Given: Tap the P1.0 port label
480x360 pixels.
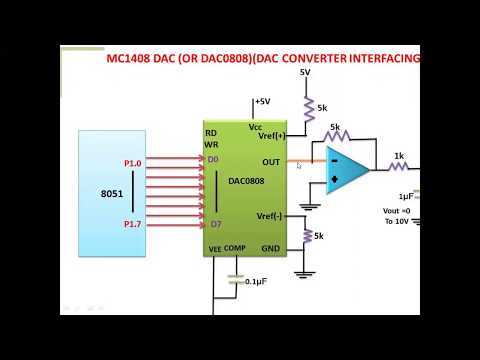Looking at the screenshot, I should [x=132, y=161].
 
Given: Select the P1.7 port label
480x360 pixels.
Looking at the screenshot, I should [x=132, y=224].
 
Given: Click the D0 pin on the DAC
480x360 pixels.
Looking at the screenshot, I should [x=213, y=160].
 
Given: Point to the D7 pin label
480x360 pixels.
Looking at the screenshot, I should [x=214, y=224].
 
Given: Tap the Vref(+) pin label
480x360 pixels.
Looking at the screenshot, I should [x=271, y=137].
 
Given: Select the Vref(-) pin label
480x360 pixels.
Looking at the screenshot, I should [x=270, y=215].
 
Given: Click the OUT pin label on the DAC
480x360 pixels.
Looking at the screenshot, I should [x=271, y=161].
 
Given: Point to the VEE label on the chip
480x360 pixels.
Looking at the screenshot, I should [x=214, y=248].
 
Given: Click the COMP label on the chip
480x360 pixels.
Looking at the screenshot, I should [x=235, y=248].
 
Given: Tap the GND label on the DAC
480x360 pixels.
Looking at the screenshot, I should [x=271, y=247].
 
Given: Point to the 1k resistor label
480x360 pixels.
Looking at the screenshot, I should [x=398, y=155].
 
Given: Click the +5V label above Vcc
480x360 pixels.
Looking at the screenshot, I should [x=262, y=101].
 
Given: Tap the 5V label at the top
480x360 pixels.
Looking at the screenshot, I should [x=305, y=73].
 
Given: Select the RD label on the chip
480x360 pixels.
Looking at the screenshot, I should [x=211, y=133].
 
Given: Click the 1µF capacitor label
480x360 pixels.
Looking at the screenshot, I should [x=406, y=196].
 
